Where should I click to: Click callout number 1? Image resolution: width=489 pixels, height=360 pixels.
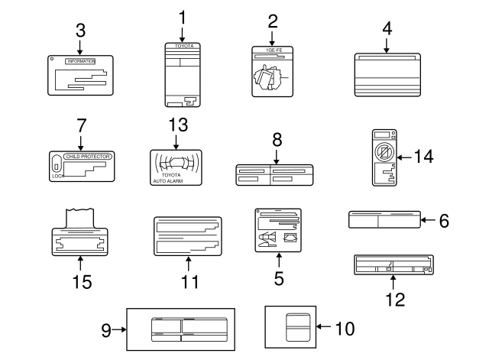pos(182,16)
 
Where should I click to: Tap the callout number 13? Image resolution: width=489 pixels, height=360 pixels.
pos(176,125)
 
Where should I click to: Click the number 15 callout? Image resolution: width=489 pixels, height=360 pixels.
pos(80,281)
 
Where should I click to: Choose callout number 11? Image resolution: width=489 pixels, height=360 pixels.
pos(188,281)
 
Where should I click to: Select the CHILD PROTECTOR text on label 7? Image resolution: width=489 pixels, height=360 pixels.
pos(89,156)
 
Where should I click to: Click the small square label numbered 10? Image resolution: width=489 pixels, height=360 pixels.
pos(291,328)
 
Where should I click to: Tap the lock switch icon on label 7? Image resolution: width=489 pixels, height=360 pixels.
pos(57,163)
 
